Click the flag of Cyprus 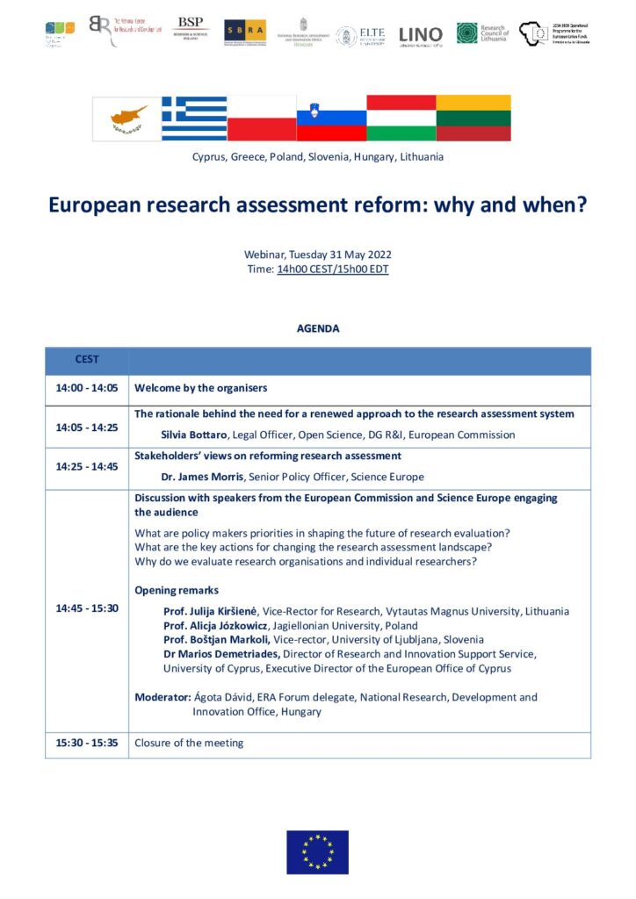tap(127, 119)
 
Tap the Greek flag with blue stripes tap(194, 119)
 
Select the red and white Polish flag tap(262, 119)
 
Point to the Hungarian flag tap(401, 119)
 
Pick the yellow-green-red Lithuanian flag tap(474, 119)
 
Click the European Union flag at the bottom tap(317, 852)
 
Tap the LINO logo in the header tap(421, 35)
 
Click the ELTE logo tap(359, 35)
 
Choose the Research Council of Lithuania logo tap(481, 33)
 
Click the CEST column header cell tap(87, 360)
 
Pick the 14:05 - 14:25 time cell tap(87, 427)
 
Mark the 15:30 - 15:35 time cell tap(87, 743)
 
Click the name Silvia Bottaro tap(193, 435)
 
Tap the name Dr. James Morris tap(205, 477)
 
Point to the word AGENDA tap(317, 328)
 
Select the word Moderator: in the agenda tap(163, 697)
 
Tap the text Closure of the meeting tap(189, 743)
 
